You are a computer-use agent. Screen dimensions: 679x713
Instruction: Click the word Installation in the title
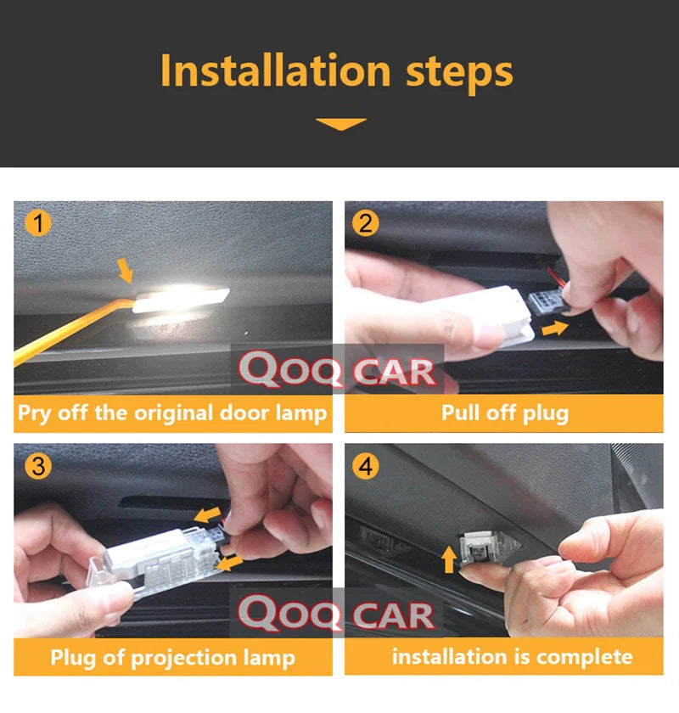275,70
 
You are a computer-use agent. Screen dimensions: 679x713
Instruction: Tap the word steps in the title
459,73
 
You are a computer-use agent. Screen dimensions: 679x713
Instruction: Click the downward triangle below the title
340,124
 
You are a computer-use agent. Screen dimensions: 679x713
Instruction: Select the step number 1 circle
38,223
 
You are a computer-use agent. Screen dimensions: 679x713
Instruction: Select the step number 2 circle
365,223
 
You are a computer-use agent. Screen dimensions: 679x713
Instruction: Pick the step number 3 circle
38,466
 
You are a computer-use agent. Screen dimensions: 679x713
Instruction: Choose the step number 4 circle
365,466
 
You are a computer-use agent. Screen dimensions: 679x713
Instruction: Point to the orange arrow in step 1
125,270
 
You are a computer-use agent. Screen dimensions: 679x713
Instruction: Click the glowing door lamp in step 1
181,298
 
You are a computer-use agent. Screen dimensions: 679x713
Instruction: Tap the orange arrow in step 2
555,328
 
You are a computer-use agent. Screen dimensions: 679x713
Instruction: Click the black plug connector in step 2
548,301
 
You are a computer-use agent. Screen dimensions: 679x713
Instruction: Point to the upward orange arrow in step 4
449,559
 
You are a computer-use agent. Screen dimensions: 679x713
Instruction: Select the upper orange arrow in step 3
207,514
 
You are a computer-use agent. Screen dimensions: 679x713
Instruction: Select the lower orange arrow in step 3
230,563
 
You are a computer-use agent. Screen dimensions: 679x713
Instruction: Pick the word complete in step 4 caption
585,658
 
